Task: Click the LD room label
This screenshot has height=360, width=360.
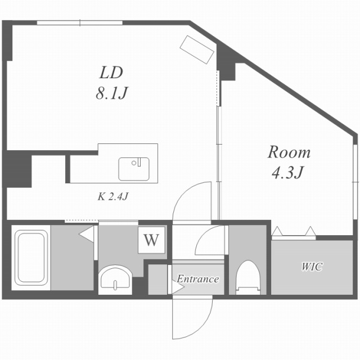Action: pyautogui.click(x=111, y=73)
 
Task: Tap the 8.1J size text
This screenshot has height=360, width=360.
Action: pyautogui.click(x=111, y=92)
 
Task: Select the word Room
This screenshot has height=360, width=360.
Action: pyautogui.click(x=289, y=152)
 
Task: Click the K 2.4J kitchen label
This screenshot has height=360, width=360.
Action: pyautogui.click(x=114, y=196)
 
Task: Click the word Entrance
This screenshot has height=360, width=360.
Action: pyautogui.click(x=197, y=279)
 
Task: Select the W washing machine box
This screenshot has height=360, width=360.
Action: pyautogui.click(x=150, y=240)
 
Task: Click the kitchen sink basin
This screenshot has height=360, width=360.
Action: pyautogui.click(x=134, y=169)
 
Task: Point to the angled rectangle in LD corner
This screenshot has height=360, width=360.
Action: pyautogui.click(x=197, y=49)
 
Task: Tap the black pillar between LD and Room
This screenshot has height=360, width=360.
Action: pyautogui.click(x=227, y=62)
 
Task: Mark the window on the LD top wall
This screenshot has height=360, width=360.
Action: pyautogui.click(x=80, y=22)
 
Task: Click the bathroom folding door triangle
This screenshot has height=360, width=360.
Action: pyautogui.click(x=87, y=234)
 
